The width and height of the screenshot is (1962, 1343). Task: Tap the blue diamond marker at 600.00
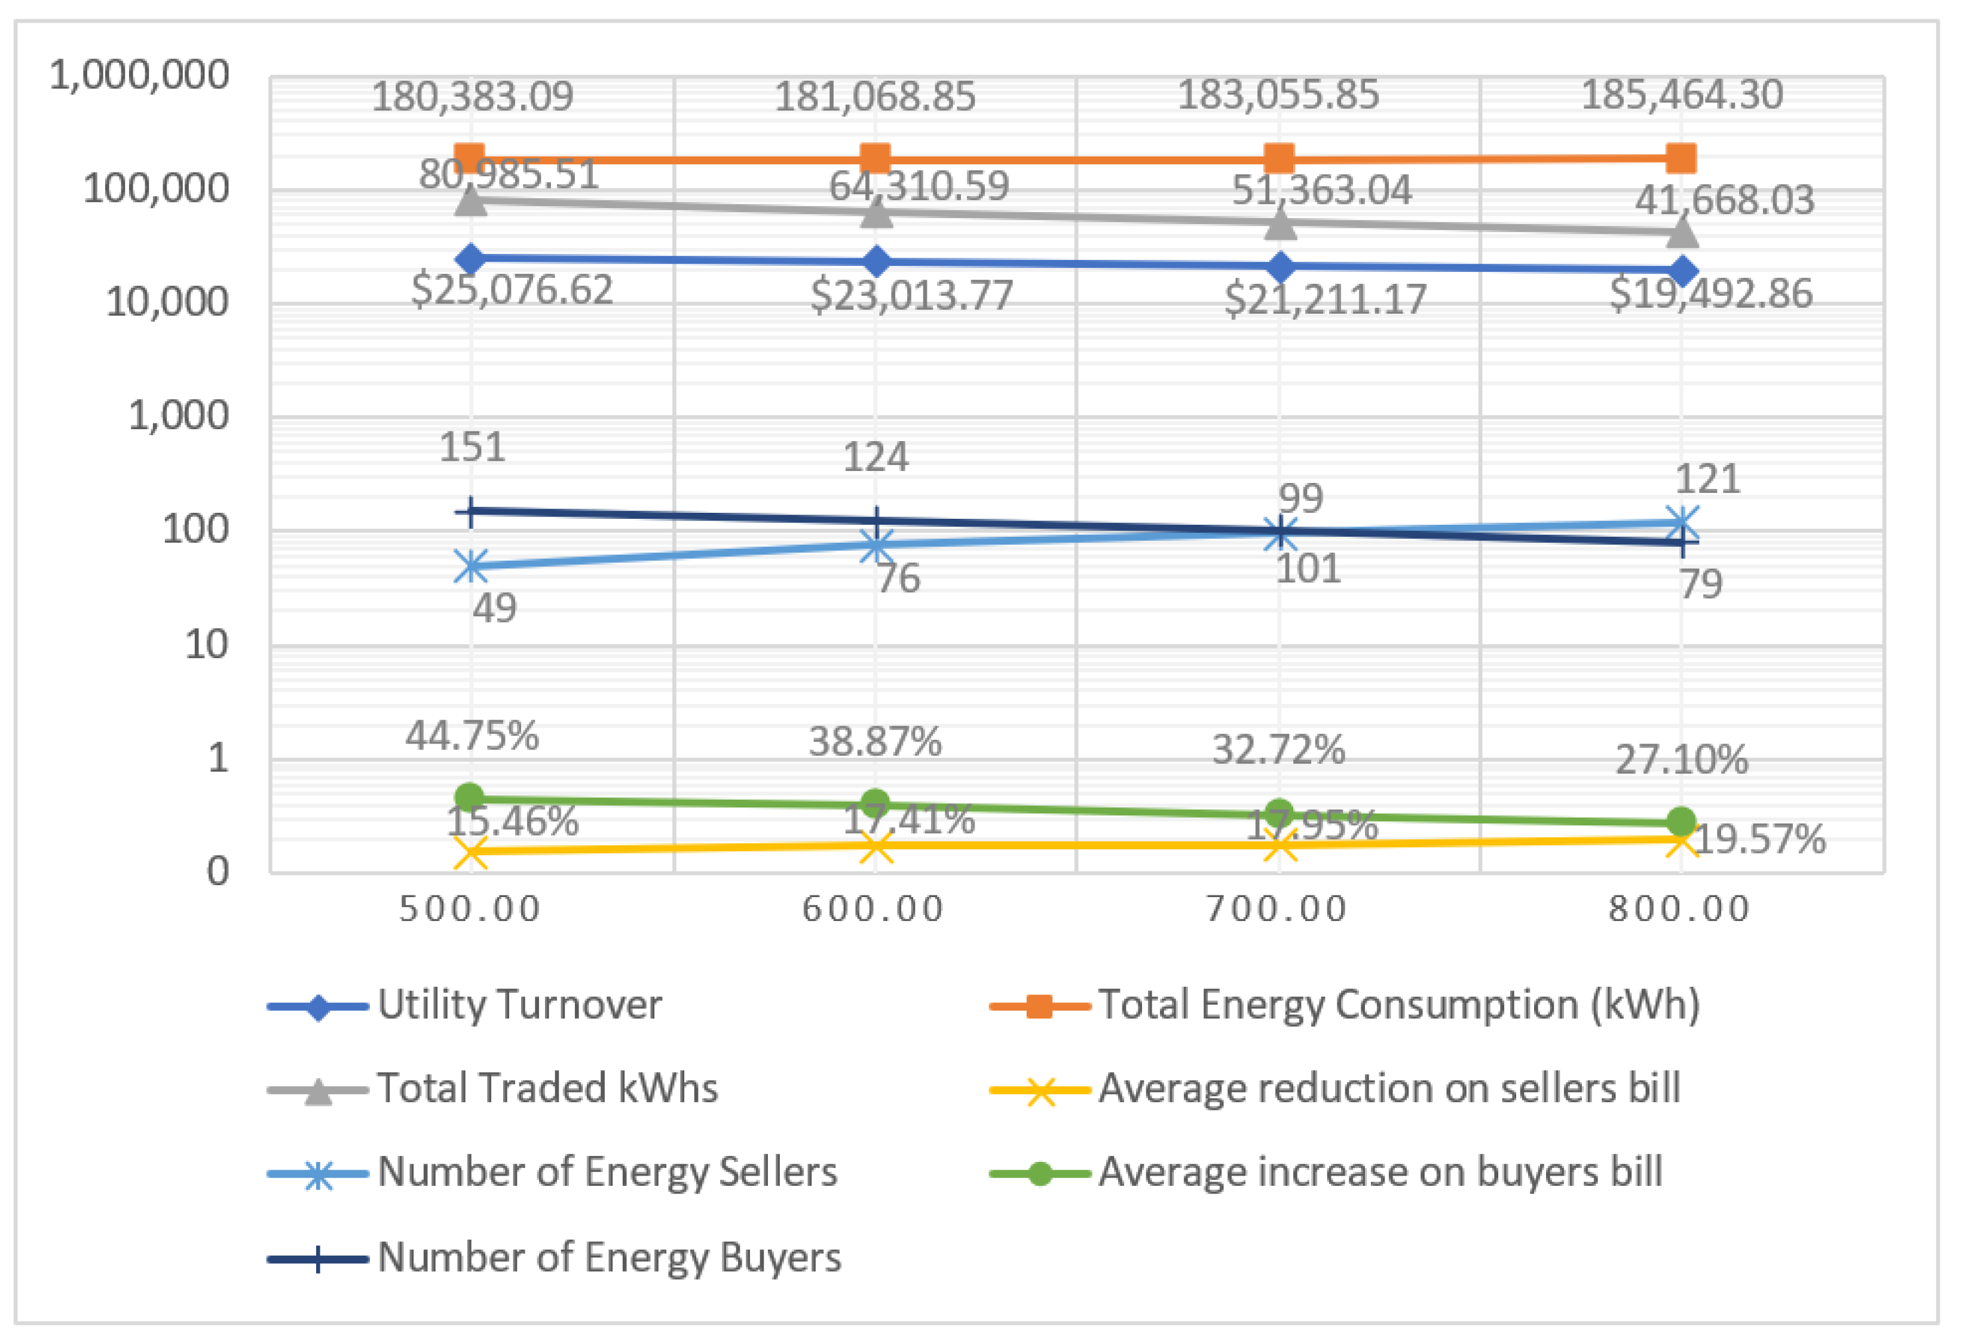876,262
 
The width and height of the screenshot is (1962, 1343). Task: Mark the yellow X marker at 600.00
876,847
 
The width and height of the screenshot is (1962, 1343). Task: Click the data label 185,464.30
1682,94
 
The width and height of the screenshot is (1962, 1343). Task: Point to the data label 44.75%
472,736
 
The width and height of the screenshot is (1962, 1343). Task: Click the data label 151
472,446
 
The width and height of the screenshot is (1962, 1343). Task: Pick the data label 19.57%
1759,840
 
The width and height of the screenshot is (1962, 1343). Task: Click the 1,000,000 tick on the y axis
139,76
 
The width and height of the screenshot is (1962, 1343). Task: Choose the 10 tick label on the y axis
206,646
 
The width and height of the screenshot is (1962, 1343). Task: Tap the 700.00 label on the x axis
1277,910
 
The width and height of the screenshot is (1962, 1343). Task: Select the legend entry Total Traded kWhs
546,1088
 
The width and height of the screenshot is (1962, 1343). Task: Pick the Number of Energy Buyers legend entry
608,1257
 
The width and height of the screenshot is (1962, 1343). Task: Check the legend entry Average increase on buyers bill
1379,1171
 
